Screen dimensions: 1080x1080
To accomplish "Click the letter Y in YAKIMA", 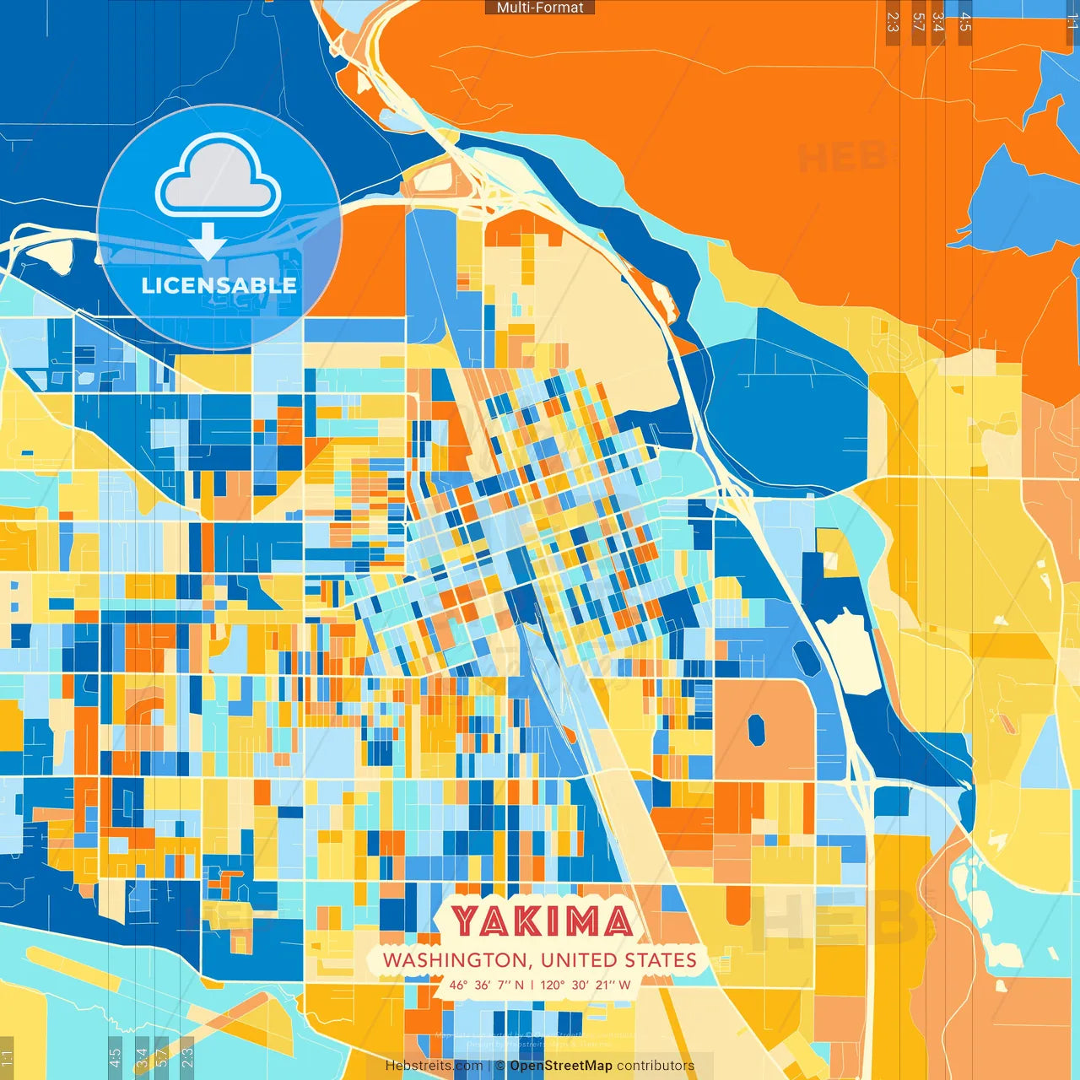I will point(466,921).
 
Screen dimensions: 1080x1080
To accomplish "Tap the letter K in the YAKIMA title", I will point(526,921).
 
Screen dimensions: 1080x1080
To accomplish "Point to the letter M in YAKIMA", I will point(581,921).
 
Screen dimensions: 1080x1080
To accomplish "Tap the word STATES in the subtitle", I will point(661,960).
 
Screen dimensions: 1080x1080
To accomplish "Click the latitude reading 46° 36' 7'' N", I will point(486,985).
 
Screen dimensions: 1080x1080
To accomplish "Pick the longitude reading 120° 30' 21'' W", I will point(586,985).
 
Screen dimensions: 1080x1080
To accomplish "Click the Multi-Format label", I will point(540,8).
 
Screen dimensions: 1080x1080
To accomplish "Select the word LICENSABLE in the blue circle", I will point(219,285).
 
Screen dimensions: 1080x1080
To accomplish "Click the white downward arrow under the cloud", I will point(208,241).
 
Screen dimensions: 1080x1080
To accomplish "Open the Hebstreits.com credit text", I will point(434,1066).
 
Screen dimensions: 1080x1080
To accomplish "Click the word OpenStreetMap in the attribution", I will point(560,1066).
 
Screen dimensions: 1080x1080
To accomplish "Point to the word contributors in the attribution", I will point(656,1066).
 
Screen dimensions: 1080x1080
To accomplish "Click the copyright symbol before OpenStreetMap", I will point(500,1066).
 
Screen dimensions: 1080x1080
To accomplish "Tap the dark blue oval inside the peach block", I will point(756,730).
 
